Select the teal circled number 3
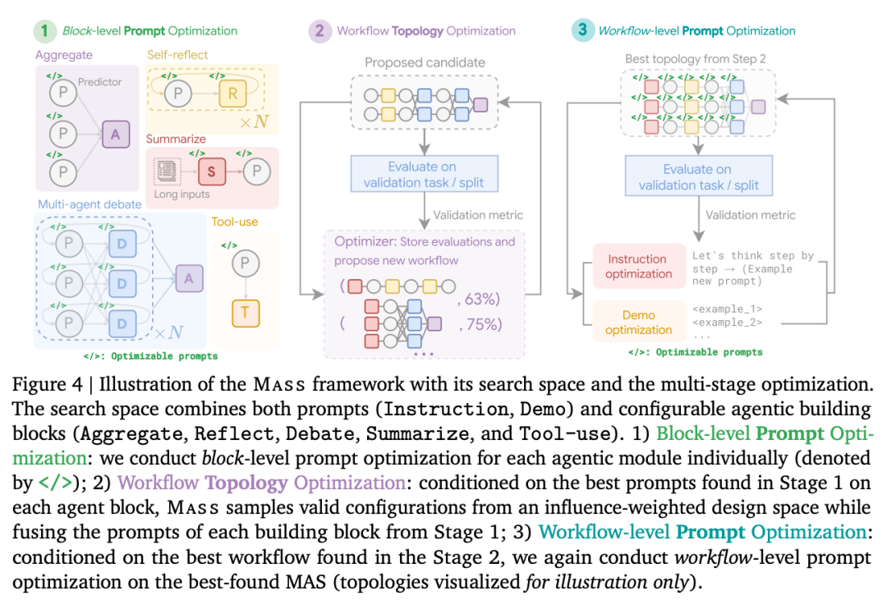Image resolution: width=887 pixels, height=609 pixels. point(581,31)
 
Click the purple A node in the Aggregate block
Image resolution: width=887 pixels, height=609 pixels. point(116,133)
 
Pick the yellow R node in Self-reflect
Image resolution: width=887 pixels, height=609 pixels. point(232,94)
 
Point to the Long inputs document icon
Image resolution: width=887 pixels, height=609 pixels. point(167,172)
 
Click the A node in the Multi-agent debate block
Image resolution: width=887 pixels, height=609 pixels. point(189,279)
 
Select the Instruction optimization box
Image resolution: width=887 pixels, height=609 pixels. point(638,266)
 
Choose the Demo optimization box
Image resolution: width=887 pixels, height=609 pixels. point(638,323)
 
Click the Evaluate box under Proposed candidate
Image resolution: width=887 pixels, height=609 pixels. point(424,174)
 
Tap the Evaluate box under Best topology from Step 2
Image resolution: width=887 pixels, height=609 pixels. point(696,176)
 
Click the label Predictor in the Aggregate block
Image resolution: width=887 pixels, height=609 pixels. point(100,82)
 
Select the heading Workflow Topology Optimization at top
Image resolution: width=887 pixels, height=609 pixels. point(426,31)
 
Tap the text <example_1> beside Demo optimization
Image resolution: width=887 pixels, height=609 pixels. point(727,309)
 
